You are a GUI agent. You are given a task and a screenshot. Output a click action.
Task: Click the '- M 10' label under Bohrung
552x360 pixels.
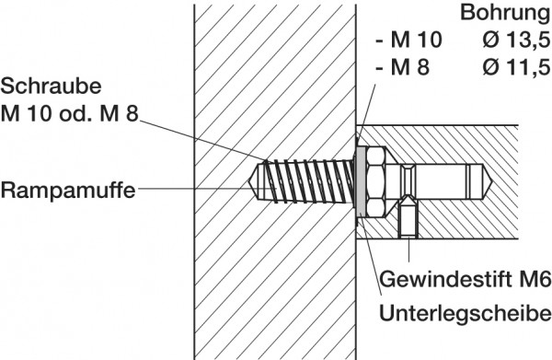(x=409, y=40)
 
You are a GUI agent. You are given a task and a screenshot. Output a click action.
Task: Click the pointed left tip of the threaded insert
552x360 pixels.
(x=253, y=180)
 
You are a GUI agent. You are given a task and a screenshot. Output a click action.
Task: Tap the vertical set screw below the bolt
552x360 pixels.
(x=408, y=221)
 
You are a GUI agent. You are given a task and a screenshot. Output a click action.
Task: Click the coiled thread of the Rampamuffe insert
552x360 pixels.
(x=304, y=180)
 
